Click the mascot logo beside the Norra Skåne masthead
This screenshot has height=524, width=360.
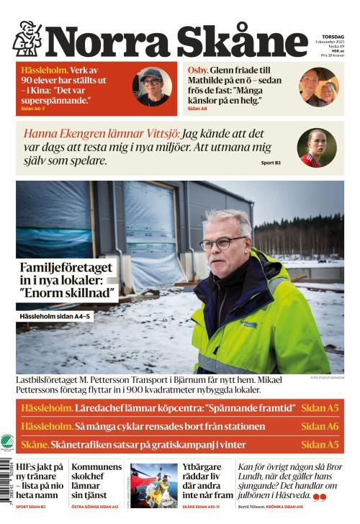[x=27, y=38]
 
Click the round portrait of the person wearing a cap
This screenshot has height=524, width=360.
[x=151, y=86]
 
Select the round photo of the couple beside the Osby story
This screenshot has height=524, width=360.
[x=319, y=87]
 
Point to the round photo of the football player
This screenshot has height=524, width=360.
[x=316, y=148]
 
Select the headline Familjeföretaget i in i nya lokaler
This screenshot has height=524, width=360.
[x=68, y=281]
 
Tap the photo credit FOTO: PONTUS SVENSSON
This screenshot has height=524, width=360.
[x=327, y=377]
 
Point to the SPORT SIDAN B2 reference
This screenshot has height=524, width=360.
[x=30, y=507]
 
